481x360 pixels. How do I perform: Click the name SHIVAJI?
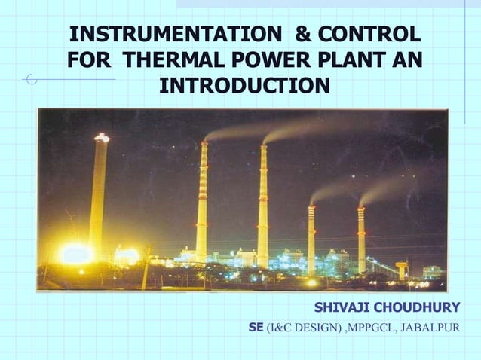(342, 308)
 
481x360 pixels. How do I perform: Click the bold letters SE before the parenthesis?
(256, 328)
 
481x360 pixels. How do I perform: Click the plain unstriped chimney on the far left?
(99, 196)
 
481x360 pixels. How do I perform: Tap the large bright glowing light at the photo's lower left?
(77, 254)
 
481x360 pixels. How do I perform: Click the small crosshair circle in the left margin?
(31, 78)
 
